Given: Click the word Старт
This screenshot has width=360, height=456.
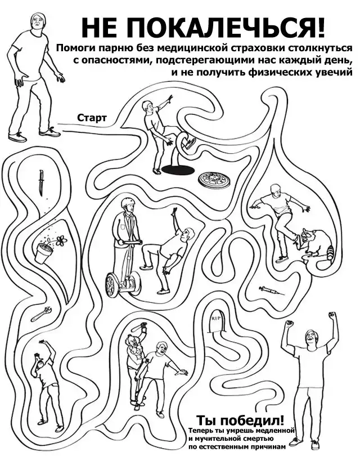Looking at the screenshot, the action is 92,118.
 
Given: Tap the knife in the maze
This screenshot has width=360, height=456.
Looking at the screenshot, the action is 42,183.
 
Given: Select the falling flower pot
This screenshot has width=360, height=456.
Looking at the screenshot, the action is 43,252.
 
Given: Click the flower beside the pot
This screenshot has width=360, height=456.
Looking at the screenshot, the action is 61,240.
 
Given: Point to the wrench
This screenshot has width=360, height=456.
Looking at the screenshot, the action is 42,314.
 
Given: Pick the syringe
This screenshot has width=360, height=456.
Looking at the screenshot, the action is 269,290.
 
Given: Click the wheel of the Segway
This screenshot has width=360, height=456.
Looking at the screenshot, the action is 112,285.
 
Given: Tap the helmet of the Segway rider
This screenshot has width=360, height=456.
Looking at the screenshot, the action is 129,202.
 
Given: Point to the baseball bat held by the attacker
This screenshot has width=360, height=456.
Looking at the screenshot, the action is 138,328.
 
